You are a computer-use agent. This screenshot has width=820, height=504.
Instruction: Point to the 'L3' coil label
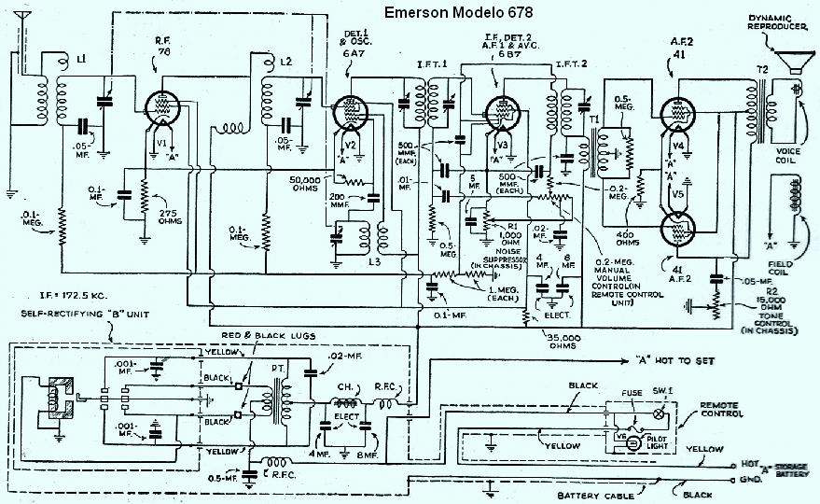[375, 263]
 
